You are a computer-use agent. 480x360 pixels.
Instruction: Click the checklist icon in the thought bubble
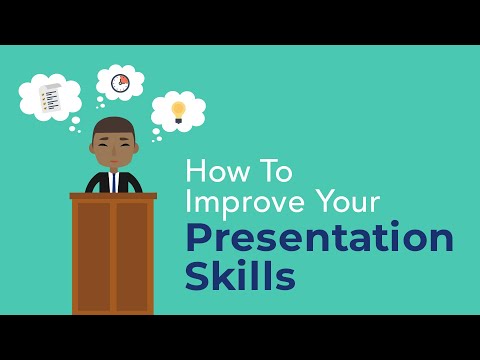[48, 98]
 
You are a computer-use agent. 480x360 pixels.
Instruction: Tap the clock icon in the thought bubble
[121, 82]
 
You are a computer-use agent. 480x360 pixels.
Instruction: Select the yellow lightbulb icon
[178, 111]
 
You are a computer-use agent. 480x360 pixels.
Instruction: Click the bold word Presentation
[319, 240]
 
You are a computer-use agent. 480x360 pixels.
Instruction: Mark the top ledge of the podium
[113, 195]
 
